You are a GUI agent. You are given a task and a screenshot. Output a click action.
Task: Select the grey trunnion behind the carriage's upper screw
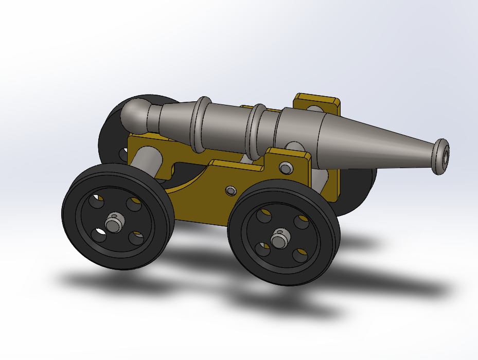[x=295, y=148]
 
